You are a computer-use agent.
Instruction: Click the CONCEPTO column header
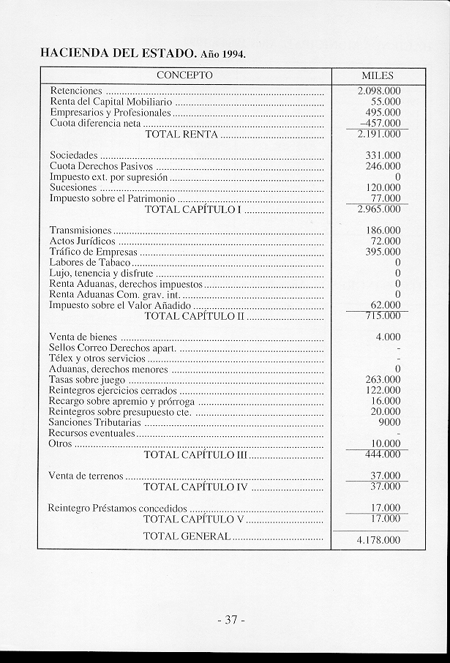(184, 75)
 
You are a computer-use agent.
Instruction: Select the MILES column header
(378, 76)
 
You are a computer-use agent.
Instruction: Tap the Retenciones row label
(75, 91)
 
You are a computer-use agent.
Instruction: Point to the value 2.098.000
(379, 91)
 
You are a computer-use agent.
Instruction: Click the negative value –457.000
(380, 123)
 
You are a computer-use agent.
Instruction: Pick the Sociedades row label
(73, 156)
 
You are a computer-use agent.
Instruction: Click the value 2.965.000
(379, 209)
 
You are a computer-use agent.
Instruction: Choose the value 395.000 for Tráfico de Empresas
(383, 252)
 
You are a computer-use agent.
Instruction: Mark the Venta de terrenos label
(86, 476)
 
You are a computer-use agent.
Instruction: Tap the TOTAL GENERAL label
(187, 536)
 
